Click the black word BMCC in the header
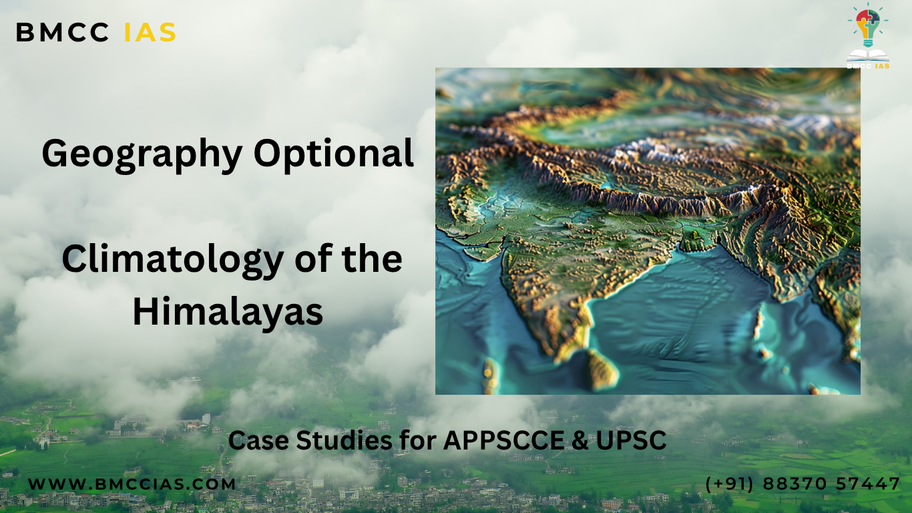[x=62, y=32]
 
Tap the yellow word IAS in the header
[x=150, y=32]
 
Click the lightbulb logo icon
[x=868, y=25]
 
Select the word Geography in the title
[x=142, y=154]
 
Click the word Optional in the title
[x=333, y=154]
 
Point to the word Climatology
[x=173, y=261]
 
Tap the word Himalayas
[x=228, y=312]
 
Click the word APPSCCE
[x=503, y=440]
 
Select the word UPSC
[x=632, y=440]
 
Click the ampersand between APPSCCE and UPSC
[x=580, y=440]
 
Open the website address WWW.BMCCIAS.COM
[x=132, y=484]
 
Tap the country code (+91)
[x=730, y=484]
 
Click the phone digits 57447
[x=868, y=484]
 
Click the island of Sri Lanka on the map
[x=602, y=369]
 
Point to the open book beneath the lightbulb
[x=868, y=55]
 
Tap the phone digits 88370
[x=794, y=484]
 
